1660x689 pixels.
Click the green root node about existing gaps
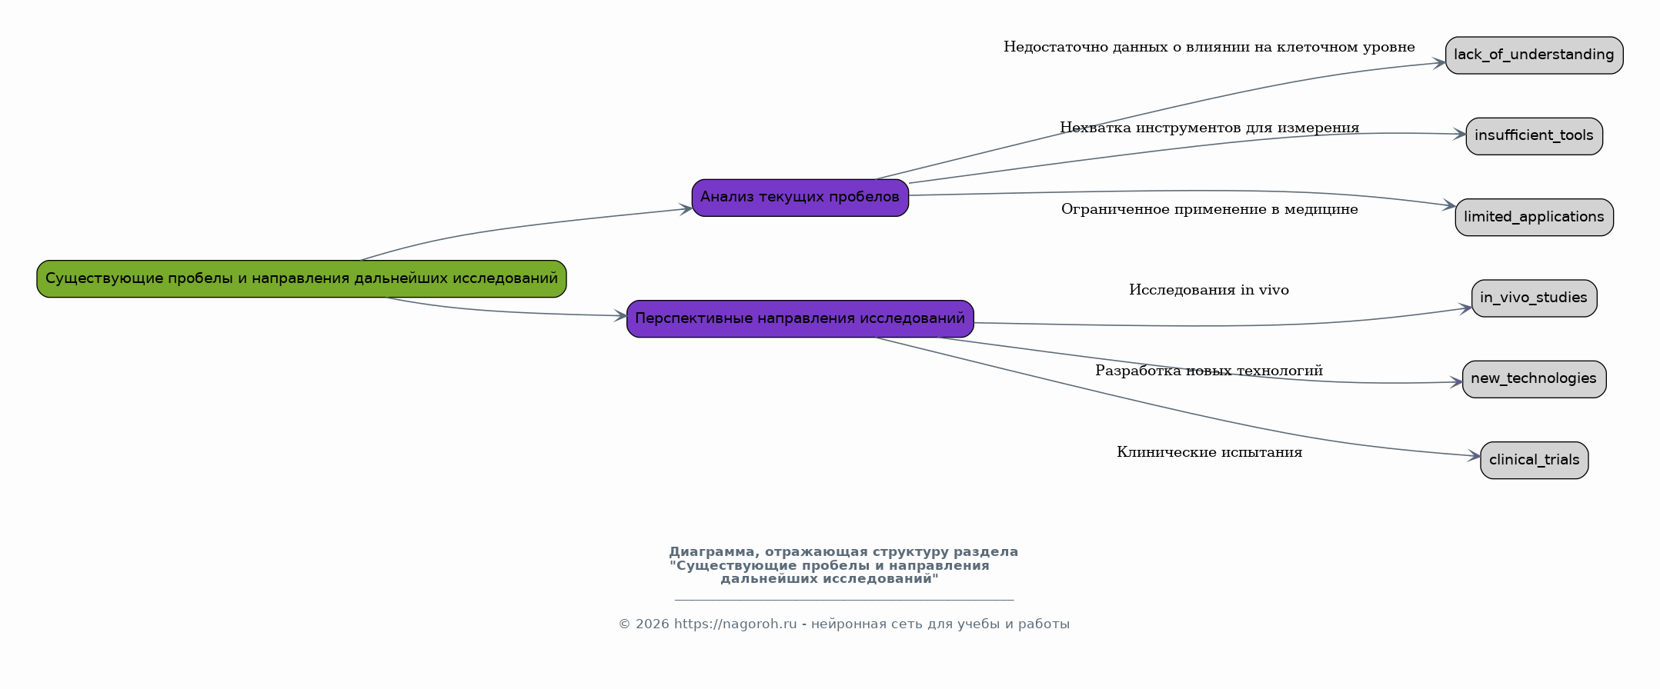pos(302,278)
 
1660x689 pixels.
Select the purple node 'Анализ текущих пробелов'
pos(800,198)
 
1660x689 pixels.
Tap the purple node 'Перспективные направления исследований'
pos(800,318)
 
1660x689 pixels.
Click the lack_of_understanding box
pos(1534,55)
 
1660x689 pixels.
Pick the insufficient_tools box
pos(1534,136)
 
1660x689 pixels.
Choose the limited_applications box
pos(1534,217)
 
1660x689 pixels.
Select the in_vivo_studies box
pos(1534,298)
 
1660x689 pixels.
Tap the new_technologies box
pos(1534,379)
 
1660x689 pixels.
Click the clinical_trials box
pos(1534,460)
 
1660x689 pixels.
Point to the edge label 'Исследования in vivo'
pos(1208,290)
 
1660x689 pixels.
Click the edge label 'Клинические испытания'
pos(1209,452)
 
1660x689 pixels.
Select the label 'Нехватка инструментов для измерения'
pos(1209,128)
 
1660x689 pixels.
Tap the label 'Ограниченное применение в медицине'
pos(1209,209)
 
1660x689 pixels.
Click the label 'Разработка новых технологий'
pos(1209,371)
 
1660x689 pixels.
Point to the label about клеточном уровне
pos(1209,47)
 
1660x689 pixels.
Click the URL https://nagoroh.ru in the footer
pos(735,624)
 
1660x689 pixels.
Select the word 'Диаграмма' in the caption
pos(713,552)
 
